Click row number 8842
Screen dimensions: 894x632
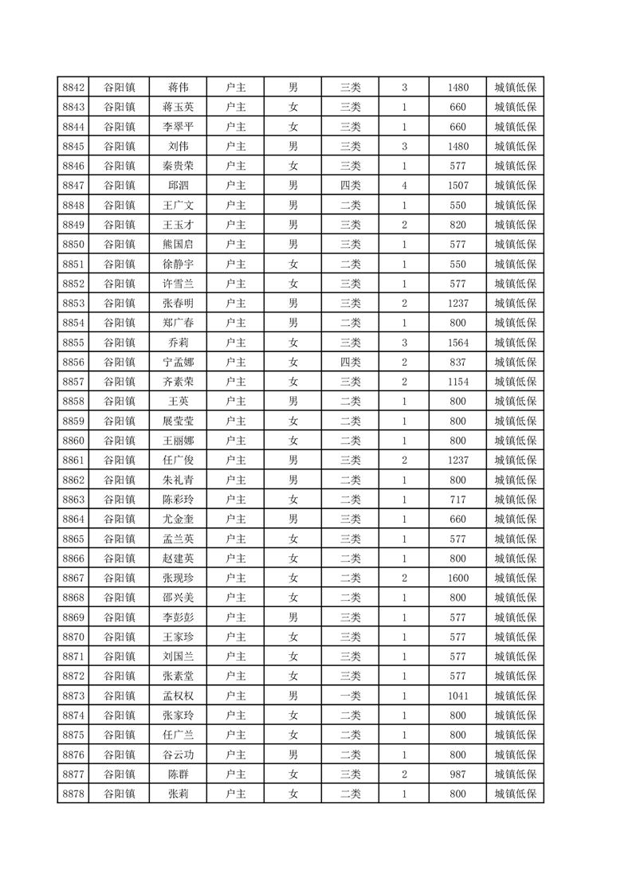(x=73, y=88)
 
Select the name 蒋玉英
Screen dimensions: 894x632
(x=178, y=108)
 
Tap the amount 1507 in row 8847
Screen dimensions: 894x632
(x=458, y=186)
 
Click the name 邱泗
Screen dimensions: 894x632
(x=178, y=186)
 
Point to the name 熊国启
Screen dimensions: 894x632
(x=178, y=245)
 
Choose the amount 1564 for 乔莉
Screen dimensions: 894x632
(x=458, y=343)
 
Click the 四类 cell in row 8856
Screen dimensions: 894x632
(x=350, y=363)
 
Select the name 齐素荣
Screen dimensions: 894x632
(x=178, y=382)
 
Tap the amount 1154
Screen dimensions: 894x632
(x=458, y=382)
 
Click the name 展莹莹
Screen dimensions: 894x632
(x=178, y=421)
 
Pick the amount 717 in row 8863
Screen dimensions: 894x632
(x=458, y=500)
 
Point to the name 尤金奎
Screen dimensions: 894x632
(x=178, y=520)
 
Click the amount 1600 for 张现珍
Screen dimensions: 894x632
(x=458, y=578)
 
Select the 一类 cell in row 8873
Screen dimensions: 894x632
(x=350, y=696)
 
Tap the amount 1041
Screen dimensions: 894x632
(x=458, y=696)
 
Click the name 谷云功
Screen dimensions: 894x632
(x=178, y=755)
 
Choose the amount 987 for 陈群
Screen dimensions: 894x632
(x=458, y=774)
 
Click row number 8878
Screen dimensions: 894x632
(x=73, y=794)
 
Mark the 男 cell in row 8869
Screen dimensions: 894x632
(x=293, y=618)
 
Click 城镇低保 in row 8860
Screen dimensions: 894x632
(x=515, y=441)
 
